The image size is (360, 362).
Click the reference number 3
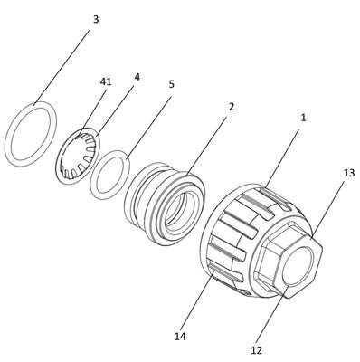click(96, 20)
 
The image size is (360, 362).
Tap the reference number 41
click(106, 81)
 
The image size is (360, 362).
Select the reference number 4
click(137, 77)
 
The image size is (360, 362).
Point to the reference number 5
click(171, 84)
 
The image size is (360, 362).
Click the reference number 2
click(232, 107)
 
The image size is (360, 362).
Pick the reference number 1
click(303, 118)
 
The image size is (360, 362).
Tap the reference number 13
click(349, 174)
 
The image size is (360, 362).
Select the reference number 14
click(180, 336)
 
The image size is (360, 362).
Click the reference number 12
click(256, 350)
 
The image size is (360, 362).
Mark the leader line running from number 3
click(62, 67)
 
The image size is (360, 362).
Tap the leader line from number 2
click(206, 146)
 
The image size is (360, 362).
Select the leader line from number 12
click(273, 314)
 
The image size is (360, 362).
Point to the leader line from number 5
click(149, 128)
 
